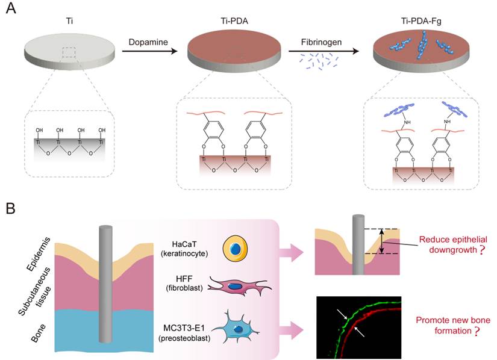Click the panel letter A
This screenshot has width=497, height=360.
click(12, 13)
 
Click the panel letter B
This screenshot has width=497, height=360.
click(11, 209)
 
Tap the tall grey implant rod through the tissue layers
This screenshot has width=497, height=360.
click(106, 283)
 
